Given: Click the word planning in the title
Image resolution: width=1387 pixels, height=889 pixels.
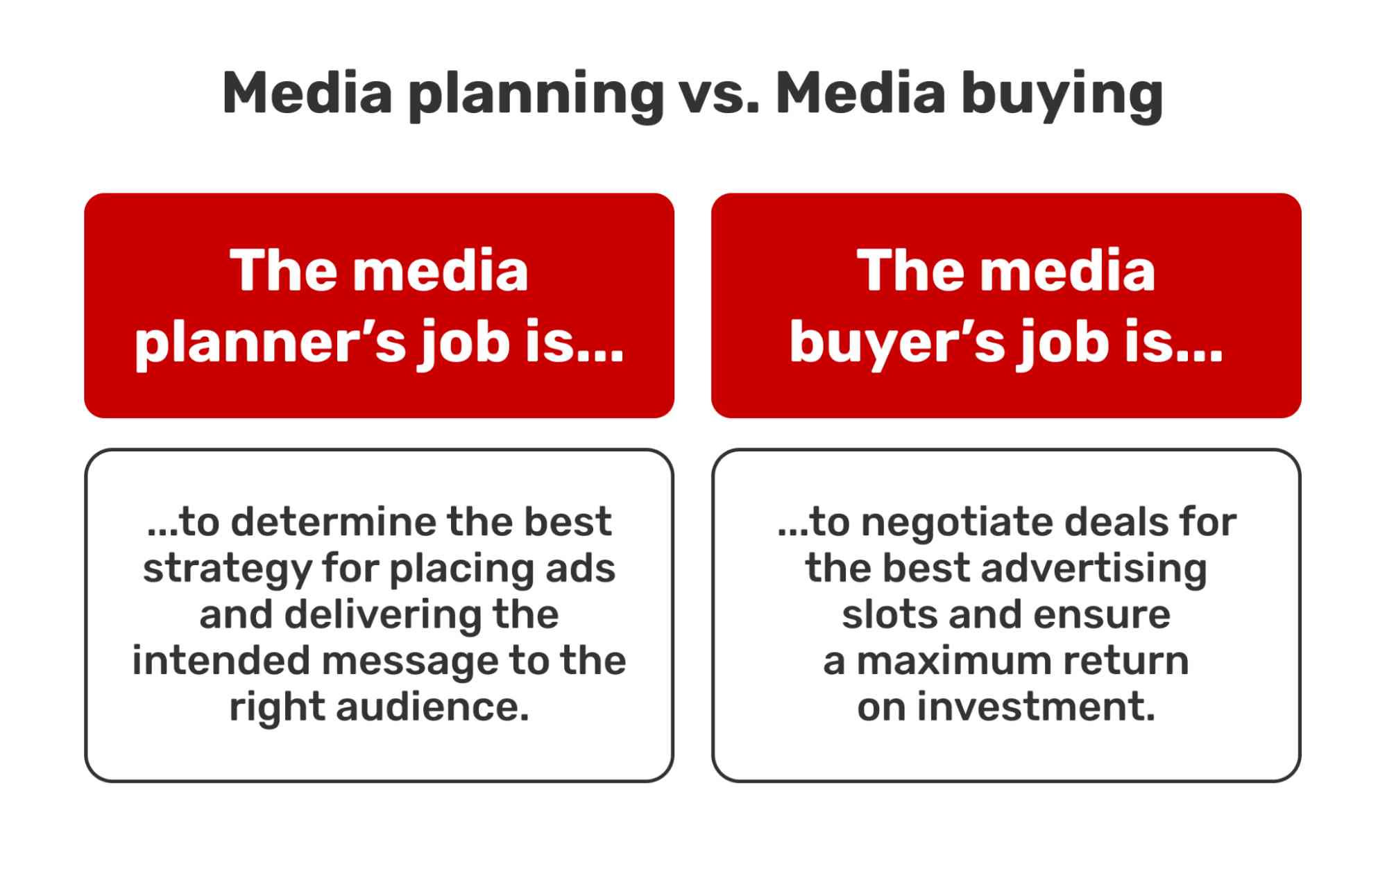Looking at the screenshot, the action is pos(536,95).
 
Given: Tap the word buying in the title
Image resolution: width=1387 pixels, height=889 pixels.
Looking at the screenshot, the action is pos(1062,95).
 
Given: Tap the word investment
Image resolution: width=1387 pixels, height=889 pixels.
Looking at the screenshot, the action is pos(1036,707).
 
